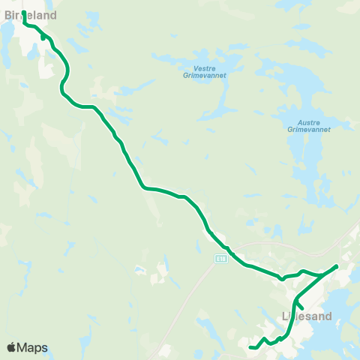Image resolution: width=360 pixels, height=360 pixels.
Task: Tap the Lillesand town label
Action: point(306,316)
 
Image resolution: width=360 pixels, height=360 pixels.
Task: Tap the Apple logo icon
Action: point(10,347)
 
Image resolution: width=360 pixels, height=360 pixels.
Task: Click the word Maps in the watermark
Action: point(32,347)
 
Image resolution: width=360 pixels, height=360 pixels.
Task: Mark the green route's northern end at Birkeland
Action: point(25,13)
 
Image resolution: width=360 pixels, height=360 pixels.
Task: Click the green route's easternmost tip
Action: point(337,266)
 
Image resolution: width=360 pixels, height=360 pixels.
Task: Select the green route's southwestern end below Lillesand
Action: point(250,347)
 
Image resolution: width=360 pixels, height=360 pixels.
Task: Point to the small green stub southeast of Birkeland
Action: point(43,37)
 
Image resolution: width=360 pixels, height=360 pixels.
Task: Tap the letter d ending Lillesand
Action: point(328,316)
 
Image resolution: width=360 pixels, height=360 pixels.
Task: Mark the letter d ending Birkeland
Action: point(53,14)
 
